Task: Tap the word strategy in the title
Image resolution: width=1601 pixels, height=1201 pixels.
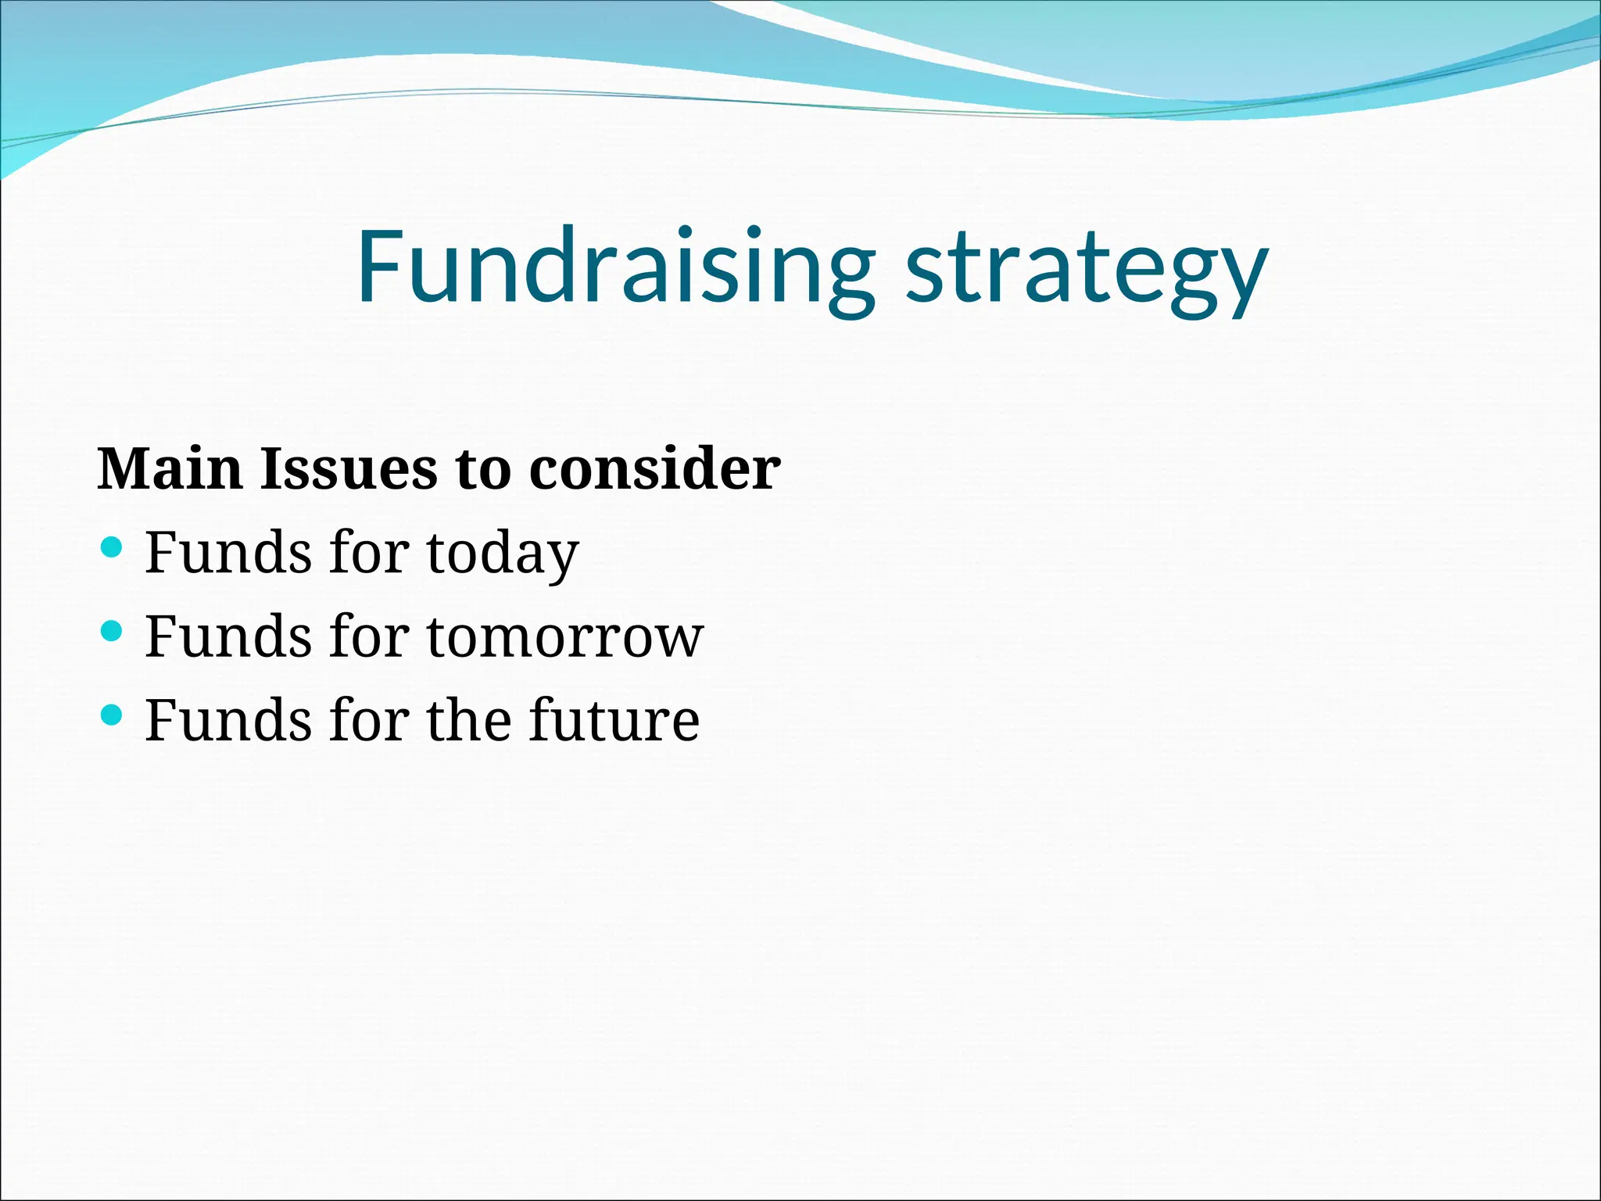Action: (x=1087, y=270)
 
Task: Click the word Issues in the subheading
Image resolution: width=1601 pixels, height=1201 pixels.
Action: (x=349, y=468)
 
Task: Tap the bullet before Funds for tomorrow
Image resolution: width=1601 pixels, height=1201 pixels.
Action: (x=113, y=630)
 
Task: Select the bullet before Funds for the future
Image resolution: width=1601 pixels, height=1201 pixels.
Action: (x=113, y=714)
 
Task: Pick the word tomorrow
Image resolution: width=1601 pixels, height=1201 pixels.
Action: (x=565, y=636)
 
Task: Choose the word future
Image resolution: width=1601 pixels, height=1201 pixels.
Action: (x=614, y=720)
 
